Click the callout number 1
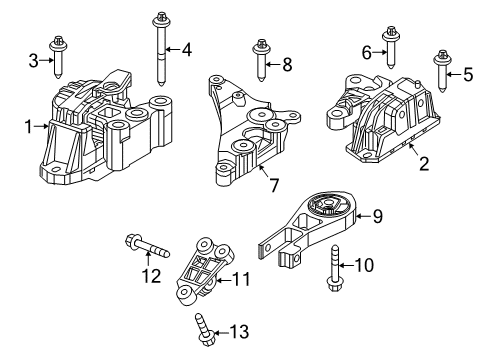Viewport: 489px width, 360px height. [28, 126]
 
